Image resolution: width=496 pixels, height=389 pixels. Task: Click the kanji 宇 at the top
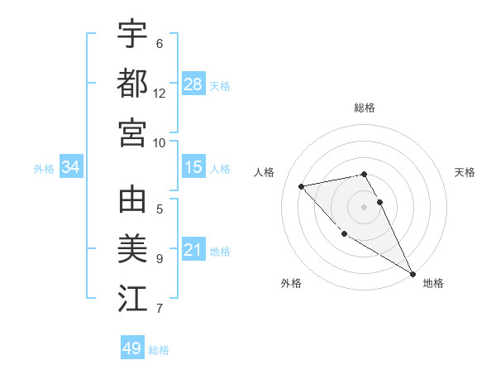coord(132,34)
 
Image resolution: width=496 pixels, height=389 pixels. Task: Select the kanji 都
coord(132,83)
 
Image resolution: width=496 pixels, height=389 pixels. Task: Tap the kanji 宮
coord(132,132)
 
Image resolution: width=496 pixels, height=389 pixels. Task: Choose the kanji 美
coord(132,249)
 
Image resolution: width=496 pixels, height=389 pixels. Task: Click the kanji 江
coord(132,299)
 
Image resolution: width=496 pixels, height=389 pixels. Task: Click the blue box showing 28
coord(193,84)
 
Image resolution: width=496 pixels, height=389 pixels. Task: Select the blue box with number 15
coord(193,167)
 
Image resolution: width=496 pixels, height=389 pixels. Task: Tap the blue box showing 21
coord(193,250)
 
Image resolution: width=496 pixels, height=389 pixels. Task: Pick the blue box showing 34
coord(71,167)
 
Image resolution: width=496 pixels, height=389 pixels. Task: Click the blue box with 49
coord(132,348)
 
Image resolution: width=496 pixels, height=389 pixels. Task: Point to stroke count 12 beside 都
coord(160,94)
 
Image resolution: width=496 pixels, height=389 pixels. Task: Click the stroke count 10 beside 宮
coord(160,142)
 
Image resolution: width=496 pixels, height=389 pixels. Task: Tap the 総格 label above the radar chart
coord(365,108)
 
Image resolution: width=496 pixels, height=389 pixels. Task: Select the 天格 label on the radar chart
coord(465,172)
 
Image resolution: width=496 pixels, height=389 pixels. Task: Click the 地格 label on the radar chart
coord(433,283)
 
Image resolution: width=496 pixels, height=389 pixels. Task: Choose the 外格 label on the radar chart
coord(291,283)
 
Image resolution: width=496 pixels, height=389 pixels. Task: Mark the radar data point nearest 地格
coord(413,274)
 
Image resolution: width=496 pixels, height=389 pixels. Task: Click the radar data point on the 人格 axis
coord(302,186)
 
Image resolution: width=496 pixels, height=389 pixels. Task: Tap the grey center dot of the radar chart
coord(364,207)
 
